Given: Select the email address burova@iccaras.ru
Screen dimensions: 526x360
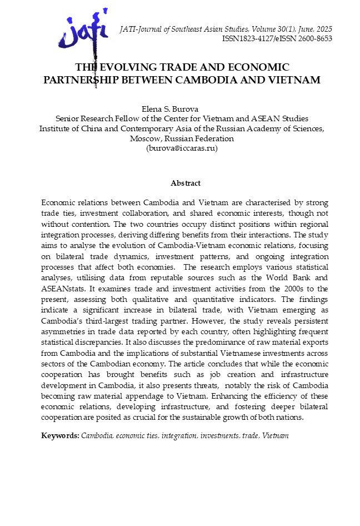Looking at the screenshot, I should point(182,148).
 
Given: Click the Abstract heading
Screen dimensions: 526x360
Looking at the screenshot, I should point(186,183).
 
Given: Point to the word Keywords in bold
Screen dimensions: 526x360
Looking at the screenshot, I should point(59,435).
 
